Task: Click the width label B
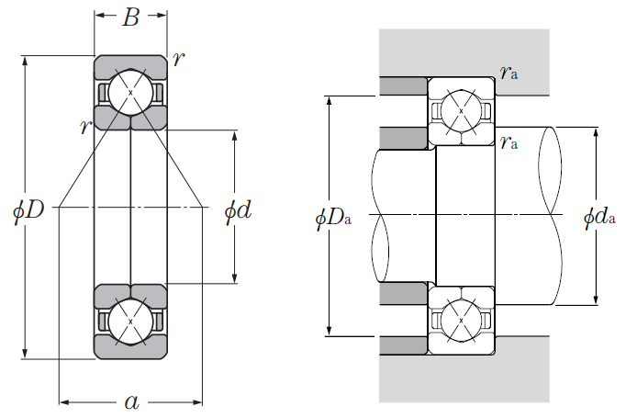tap(131, 17)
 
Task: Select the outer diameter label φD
tap(28, 209)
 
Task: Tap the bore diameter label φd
tap(239, 210)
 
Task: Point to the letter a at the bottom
tap(132, 402)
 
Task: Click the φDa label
tap(333, 219)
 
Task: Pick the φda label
tap(600, 217)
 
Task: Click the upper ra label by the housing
tap(509, 73)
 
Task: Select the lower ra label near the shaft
tap(509, 142)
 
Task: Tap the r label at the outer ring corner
tap(178, 59)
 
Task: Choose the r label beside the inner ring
tap(86, 127)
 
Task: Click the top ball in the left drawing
tap(130, 92)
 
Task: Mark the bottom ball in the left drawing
tap(130, 322)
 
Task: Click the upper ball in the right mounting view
tap(461, 110)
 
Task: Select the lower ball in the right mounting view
tap(461, 321)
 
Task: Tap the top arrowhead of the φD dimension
tap(25, 61)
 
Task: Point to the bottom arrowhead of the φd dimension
tap(235, 278)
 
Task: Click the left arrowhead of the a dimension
tap(64, 402)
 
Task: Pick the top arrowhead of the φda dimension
tap(596, 132)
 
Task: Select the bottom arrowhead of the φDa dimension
tap(329, 332)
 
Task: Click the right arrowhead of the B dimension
tap(162, 16)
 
